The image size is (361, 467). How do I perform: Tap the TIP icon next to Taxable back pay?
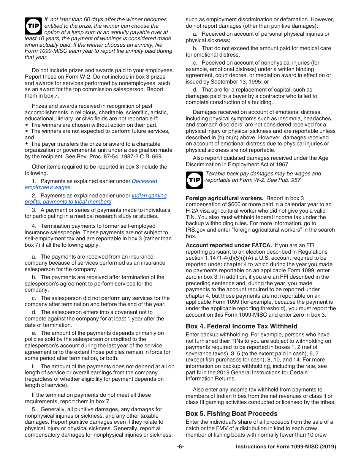pos(194,180)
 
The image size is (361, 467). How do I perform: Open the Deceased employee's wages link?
pos(144,181)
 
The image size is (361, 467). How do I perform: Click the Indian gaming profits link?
pos(149,196)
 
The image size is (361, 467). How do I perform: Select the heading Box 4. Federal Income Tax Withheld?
pos(241,326)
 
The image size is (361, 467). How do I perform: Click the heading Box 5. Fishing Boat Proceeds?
pos(231,413)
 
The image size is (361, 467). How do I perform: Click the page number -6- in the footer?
pos(180,447)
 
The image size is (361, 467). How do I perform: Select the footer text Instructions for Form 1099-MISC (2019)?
pos(286,447)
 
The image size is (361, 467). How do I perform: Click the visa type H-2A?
pos(193,211)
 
